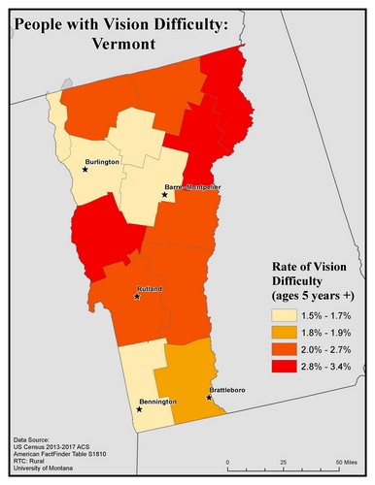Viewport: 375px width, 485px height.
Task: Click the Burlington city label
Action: [102, 162]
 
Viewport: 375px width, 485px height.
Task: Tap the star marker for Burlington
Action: [85, 170]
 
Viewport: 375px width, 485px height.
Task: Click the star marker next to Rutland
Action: [137, 297]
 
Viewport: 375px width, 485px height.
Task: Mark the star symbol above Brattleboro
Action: [209, 396]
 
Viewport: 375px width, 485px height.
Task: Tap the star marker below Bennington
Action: [138, 409]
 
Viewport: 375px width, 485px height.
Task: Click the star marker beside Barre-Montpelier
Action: [165, 195]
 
